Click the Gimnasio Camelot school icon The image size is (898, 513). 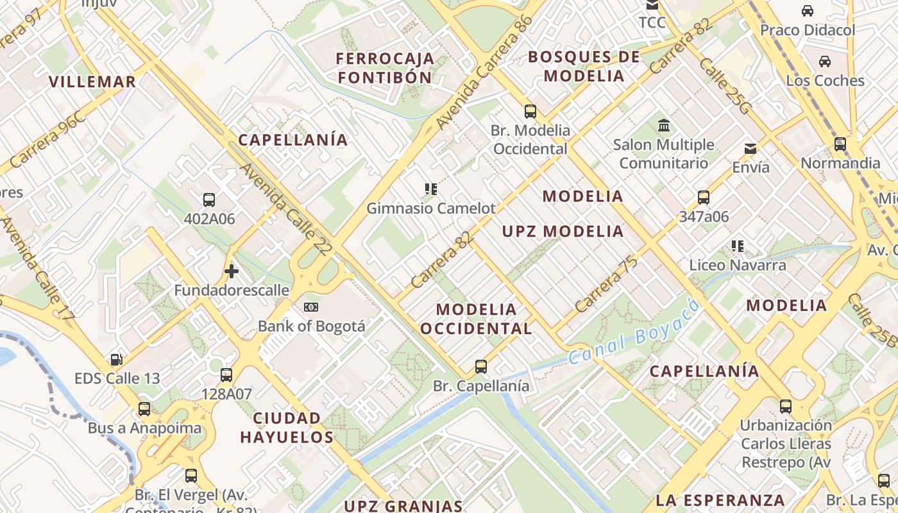[431, 189]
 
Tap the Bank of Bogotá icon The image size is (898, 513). [311, 307]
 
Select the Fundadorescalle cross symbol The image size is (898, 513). [232, 272]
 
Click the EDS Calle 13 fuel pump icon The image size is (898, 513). [117, 360]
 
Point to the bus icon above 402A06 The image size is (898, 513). [209, 200]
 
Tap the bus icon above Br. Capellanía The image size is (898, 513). [481, 367]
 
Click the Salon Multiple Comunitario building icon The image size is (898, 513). [664, 126]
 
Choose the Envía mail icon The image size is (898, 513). [750, 149]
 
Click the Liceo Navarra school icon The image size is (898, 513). [738, 246]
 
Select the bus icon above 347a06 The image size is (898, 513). [704, 198]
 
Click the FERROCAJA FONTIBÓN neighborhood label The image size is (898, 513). [385, 68]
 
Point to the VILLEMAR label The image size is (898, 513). [92, 81]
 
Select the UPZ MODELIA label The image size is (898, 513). [563, 231]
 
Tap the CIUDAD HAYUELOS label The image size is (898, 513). [287, 428]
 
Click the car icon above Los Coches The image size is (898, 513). [825, 62]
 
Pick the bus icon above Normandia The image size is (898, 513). [840, 144]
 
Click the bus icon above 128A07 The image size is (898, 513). [226, 375]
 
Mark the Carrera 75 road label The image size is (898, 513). [606, 284]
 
